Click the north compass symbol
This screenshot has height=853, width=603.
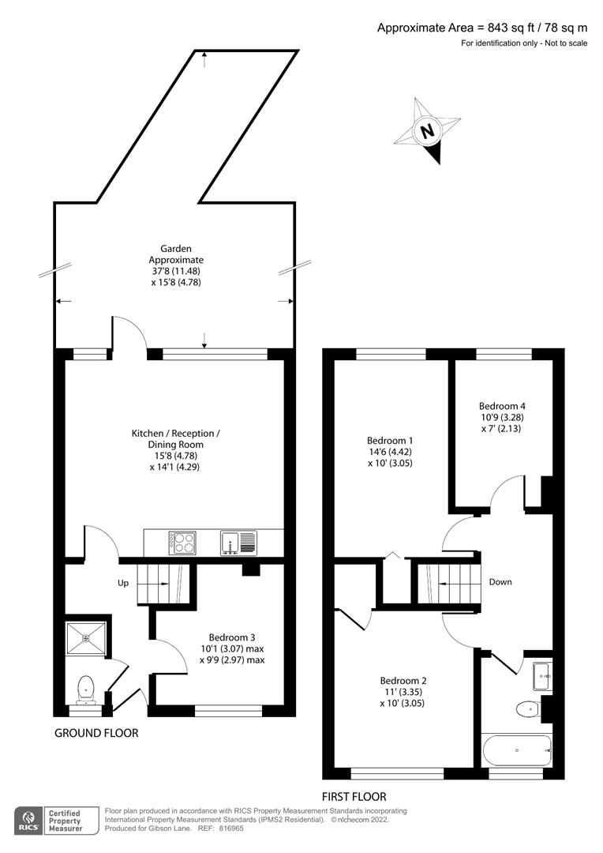point(427,130)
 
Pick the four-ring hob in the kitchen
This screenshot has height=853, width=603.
point(182,543)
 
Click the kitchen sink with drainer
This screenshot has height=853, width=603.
point(238,543)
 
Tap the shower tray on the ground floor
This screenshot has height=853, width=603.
point(86,638)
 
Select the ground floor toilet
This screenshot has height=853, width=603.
point(86,690)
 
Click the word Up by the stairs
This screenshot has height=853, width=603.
point(123,584)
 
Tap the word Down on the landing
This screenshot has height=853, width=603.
point(500,582)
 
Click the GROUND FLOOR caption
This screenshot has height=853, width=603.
point(96,733)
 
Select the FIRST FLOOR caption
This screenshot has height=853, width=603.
point(354,796)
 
